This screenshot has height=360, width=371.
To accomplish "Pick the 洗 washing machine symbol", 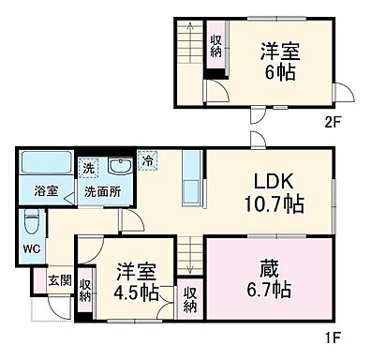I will coord(87,169).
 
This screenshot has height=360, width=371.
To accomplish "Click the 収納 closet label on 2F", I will coord(215,45).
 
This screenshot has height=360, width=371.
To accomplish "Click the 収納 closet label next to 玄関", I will coord(86,291).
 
